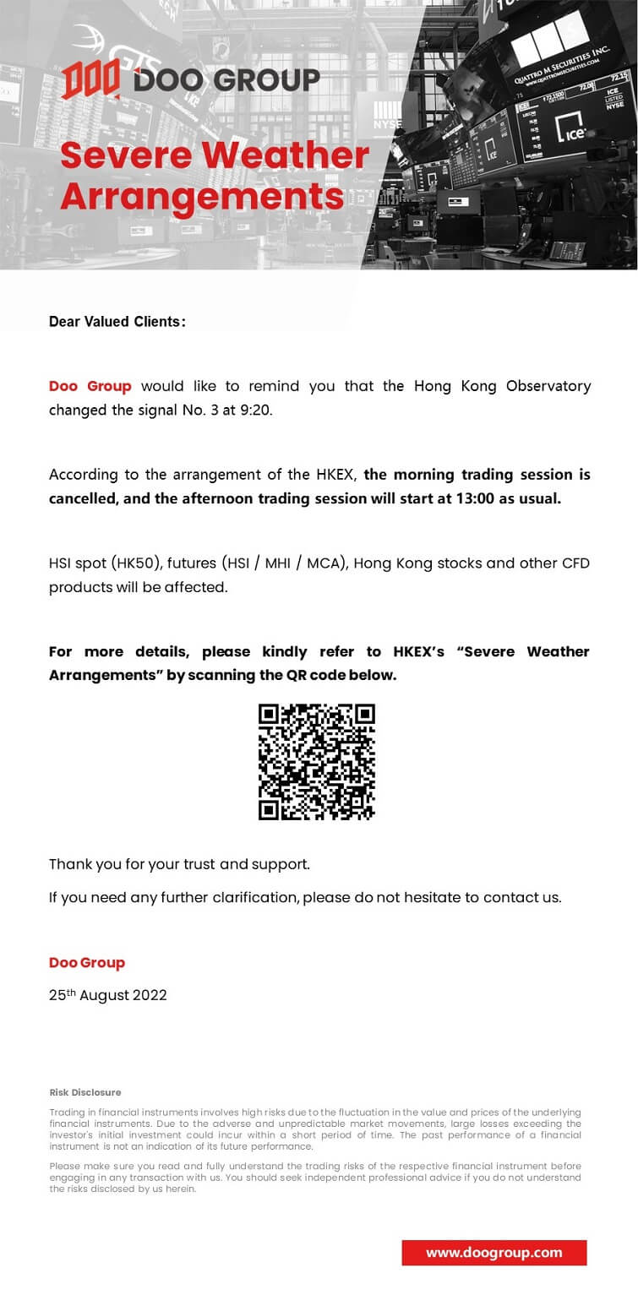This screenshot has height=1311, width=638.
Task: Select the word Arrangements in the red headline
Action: click(202, 196)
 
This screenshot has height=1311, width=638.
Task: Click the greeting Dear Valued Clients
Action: click(117, 322)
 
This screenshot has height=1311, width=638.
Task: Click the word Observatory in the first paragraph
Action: click(548, 386)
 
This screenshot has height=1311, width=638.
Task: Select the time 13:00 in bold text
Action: click(459, 498)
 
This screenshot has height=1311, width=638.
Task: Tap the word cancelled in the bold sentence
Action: click(83, 498)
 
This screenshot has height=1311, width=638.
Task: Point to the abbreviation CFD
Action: click(575, 563)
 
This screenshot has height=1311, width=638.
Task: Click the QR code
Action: click(317, 762)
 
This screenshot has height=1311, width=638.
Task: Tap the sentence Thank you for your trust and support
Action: click(179, 864)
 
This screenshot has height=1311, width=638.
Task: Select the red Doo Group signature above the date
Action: click(87, 963)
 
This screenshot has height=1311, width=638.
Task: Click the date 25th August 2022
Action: click(107, 995)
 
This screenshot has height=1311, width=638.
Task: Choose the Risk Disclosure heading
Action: click(85, 1092)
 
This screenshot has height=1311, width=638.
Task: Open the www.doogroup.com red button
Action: click(493, 1253)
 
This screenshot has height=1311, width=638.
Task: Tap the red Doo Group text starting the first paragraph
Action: click(90, 386)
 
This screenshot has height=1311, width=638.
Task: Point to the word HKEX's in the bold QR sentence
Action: click(418, 651)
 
